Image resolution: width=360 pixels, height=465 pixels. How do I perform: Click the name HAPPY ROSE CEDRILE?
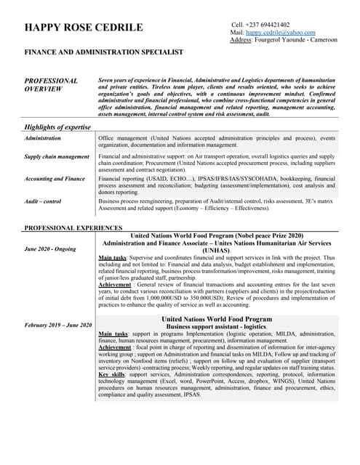[84, 28]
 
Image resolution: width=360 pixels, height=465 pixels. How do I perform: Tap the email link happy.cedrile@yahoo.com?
[280, 33]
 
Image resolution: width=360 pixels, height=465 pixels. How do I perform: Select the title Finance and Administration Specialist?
[104, 52]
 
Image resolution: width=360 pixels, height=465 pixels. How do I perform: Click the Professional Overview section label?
[51, 85]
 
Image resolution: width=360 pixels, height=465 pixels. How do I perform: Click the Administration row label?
[43, 138]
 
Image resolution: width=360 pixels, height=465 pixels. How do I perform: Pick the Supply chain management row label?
[57, 156]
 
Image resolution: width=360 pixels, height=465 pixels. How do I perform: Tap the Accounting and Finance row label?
[55, 178]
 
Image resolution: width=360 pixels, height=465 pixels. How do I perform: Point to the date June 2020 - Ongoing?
[49, 249]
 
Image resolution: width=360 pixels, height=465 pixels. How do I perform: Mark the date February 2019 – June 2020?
[58, 325]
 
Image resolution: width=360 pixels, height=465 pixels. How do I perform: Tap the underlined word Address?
[240, 40]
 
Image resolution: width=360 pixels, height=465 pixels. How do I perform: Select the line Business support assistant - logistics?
[217, 326]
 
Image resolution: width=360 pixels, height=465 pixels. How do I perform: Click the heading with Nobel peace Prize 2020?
[217, 236]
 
